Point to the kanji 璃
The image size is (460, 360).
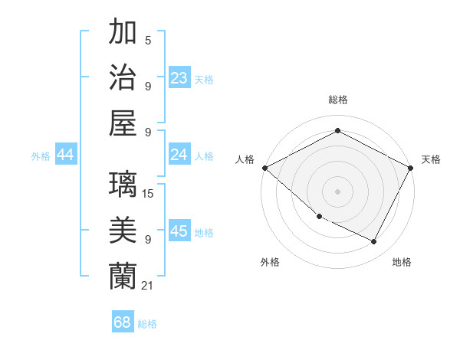[x=124, y=184]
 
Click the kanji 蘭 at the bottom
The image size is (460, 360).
[x=124, y=276]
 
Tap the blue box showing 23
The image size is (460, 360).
[x=179, y=77]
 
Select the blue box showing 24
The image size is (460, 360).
[x=179, y=155]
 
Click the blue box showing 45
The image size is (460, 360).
[x=179, y=232]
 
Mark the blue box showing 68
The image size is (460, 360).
[x=122, y=322]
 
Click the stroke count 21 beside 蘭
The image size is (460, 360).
[x=147, y=286]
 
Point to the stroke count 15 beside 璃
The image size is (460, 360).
[x=148, y=194]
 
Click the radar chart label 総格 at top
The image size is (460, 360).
[x=337, y=100]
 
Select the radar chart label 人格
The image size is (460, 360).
[x=245, y=159]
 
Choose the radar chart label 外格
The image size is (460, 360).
[x=269, y=262]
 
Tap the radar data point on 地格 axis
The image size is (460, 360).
[x=374, y=242]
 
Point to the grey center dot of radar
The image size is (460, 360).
[x=337, y=191]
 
